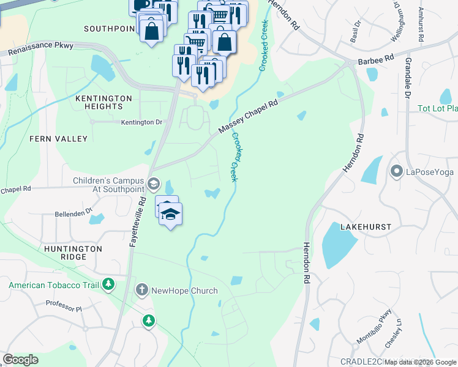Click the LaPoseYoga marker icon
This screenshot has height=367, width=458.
397,171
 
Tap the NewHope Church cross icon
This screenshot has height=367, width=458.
141,290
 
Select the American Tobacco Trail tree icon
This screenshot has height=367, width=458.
108,284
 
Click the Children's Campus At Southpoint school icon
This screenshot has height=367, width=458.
153,183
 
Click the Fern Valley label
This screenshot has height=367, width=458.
59,139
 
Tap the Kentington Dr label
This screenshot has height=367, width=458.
141,122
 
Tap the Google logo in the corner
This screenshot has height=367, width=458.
20,359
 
